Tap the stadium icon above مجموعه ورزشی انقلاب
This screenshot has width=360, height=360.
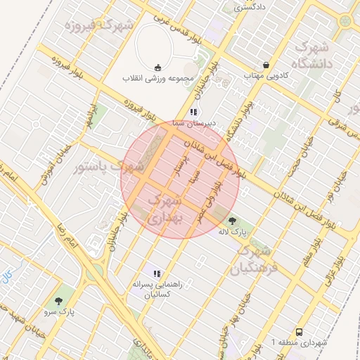[158, 67]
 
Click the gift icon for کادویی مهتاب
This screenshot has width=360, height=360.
[266, 63]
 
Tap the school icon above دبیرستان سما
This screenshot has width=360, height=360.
[193, 112]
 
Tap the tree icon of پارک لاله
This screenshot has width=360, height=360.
[233, 221]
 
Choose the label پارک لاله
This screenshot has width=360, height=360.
[240, 231]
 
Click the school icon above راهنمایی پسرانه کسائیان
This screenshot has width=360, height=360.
[157, 274]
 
